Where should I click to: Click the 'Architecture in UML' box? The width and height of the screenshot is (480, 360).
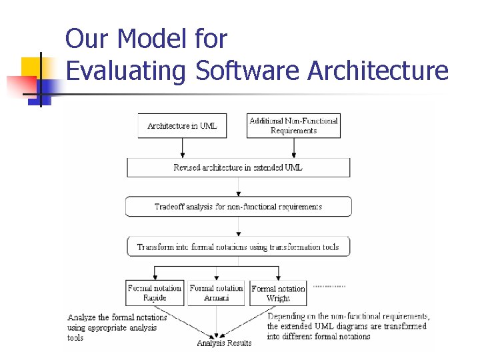click(x=182, y=126)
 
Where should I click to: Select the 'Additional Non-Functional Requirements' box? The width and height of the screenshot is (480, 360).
click(x=293, y=126)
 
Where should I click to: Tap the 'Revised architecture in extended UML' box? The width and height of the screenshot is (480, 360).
click(x=238, y=167)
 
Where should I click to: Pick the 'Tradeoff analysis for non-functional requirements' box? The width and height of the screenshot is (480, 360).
click(x=238, y=207)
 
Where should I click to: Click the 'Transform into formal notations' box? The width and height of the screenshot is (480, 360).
click(x=238, y=247)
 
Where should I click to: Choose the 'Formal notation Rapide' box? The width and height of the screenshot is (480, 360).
click(x=155, y=293)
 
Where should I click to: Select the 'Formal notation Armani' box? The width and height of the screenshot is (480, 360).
click(x=217, y=293)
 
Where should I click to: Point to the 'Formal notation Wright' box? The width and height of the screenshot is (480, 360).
click(x=278, y=293)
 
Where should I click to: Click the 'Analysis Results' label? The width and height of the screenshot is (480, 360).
click(x=224, y=343)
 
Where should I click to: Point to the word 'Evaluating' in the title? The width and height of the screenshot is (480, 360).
click(x=125, y=70)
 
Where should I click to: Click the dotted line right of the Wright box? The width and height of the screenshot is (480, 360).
click(x=329, y=287)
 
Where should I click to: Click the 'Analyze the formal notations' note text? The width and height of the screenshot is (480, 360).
click(x=117, y=327)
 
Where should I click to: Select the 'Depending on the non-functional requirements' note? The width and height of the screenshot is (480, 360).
click(x=348, y=326)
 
